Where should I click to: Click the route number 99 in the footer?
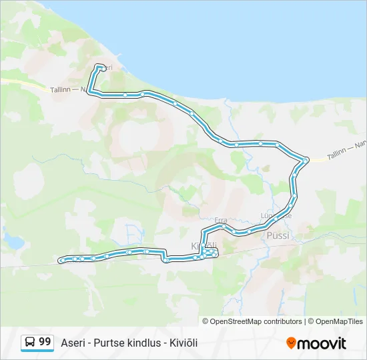coord(45,341)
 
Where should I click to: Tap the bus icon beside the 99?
coord(31,342)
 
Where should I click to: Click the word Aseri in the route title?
coord(73,343)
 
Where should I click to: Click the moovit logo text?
coord(322,343)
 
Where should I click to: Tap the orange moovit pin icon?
coord(291,343)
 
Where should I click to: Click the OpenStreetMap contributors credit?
coord(256,321)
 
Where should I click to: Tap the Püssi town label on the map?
coord(276,235)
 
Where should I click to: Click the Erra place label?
coord(221,219)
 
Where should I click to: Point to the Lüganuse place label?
coord(276,215)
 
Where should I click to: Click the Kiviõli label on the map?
coord(200,246)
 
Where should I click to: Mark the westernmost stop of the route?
coord(61,260)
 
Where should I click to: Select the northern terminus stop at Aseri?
coord(100,67)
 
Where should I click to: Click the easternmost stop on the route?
coord(306,160)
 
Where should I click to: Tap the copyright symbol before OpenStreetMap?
coord(206,321)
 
